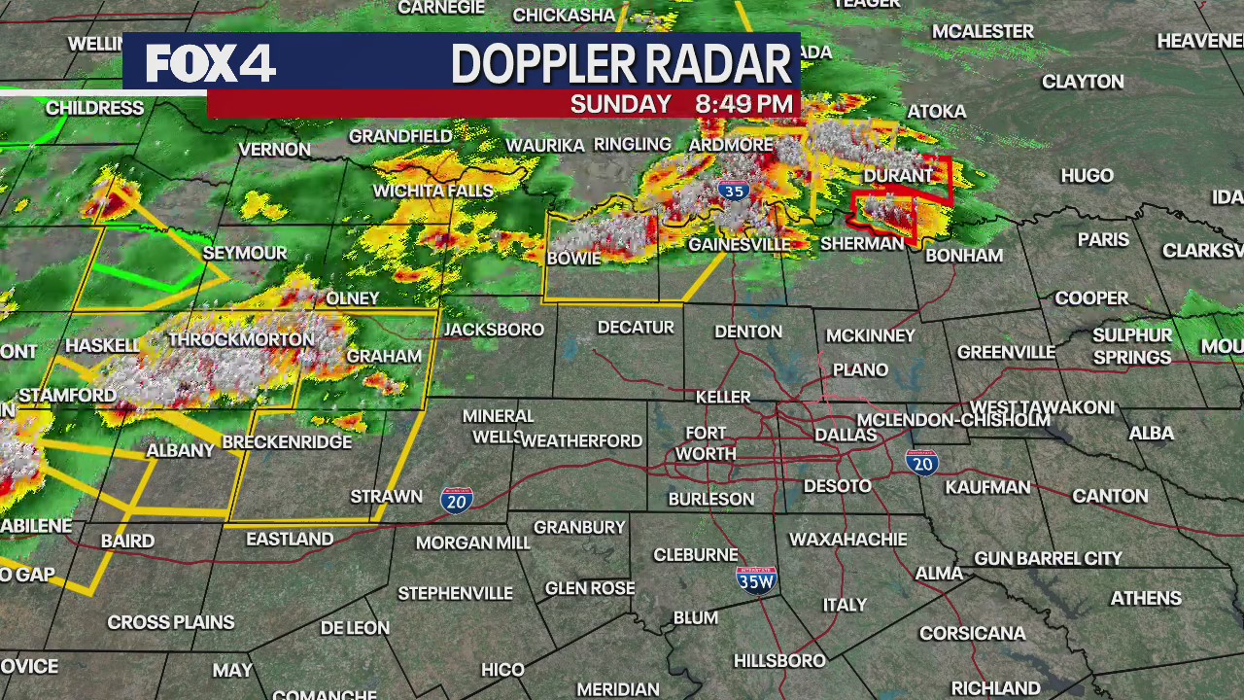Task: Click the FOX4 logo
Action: [211, 64]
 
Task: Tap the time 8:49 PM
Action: [743, 104]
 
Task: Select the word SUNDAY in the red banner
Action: [620, 104]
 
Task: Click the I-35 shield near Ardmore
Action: [735, 191]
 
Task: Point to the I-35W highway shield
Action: [756, 580]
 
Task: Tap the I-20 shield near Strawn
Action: [456, 500]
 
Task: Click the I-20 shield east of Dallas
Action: [921, 463]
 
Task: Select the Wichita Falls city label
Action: [433, 191]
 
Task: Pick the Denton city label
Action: [748, 332]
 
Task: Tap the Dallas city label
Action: [846, 435]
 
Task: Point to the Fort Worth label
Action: [706, 443]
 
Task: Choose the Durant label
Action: [898, 176]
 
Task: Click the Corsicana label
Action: [972, 633]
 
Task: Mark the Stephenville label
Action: [455, 592]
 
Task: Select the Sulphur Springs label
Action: [1132, 346]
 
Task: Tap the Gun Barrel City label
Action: [1048, 558]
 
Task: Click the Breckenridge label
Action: [287, 442]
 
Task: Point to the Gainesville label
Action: [739, 244]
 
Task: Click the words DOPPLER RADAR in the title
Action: [621, 64]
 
